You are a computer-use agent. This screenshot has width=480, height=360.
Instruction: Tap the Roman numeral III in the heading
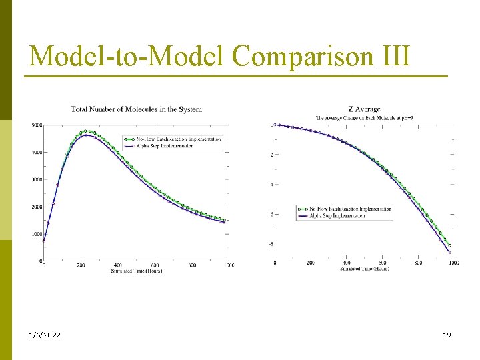point(395,56)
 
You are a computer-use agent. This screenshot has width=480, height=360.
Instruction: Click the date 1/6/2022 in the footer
point(44,335)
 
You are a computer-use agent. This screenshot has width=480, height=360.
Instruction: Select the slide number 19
point(447,335)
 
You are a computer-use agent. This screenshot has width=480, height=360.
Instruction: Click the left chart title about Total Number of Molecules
point(137,109)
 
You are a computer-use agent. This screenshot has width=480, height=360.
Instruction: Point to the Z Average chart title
point(364,109)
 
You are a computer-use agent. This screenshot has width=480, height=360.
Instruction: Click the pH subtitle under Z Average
point(364,119)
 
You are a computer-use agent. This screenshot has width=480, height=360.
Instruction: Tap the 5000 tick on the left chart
point(37,125)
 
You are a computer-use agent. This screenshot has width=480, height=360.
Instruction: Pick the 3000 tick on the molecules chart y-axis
point(37,180)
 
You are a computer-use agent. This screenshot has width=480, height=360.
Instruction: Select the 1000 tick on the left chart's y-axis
point(37,234)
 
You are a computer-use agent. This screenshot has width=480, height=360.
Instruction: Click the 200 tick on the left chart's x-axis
point(81,265)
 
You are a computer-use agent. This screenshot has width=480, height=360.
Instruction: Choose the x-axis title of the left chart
point(137,271)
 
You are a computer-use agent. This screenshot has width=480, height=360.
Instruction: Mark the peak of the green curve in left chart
point(86,131)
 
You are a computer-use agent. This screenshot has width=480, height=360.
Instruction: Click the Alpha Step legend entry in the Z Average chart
point(348,216)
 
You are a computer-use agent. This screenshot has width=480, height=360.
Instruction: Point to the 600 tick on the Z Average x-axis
point(382,263)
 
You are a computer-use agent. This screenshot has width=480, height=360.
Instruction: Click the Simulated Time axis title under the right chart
point(364,269)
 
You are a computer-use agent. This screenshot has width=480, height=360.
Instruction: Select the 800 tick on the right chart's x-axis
point(418,263)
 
